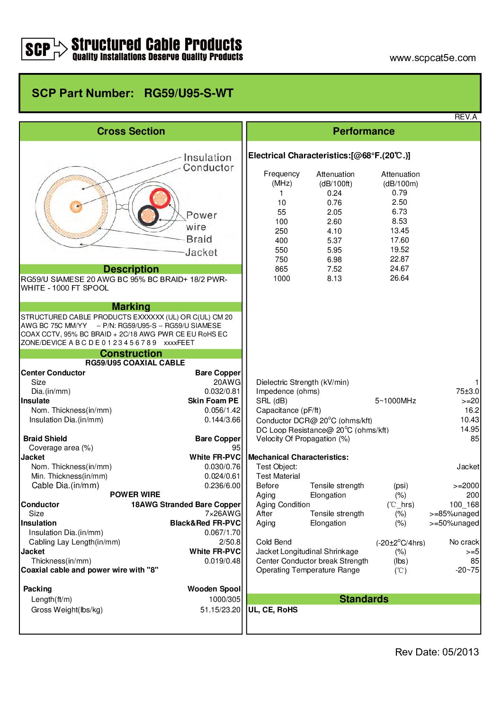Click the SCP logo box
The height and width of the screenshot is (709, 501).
[x=37, y=49]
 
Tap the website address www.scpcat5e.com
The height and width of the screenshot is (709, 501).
[x=432, y=58]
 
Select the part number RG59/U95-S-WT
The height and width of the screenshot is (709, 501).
[x=188, y=93]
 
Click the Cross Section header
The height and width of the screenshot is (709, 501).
[x=131, y=131]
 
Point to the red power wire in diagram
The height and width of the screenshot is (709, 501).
[x=160, y=198]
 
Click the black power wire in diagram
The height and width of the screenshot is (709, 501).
[x=148, y=216]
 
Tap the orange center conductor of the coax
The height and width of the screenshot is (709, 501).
[x=76, y=206]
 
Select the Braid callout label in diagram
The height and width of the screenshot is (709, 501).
[x=199, y=239]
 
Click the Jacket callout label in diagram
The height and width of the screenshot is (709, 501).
[x=201, y=253]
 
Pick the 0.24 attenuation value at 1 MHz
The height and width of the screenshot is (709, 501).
[x=334, y=193]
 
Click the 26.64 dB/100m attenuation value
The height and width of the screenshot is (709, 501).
[x=399, y=278]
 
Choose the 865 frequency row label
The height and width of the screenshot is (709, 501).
[x=281, y=269]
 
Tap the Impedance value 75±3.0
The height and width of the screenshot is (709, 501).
[x=467, y=391]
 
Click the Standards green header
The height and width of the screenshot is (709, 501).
[x=364, y=599]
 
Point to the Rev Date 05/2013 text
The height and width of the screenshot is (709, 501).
[x=437, y=652]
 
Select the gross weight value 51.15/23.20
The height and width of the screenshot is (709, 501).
[x=220, y=610]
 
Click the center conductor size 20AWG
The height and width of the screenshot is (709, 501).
[x=227, y=382]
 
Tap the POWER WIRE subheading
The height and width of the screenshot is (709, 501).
[x=135, y=494]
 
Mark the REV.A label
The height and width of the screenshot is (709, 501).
[x=465, y=117]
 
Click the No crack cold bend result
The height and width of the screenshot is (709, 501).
[x=464, y=542]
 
